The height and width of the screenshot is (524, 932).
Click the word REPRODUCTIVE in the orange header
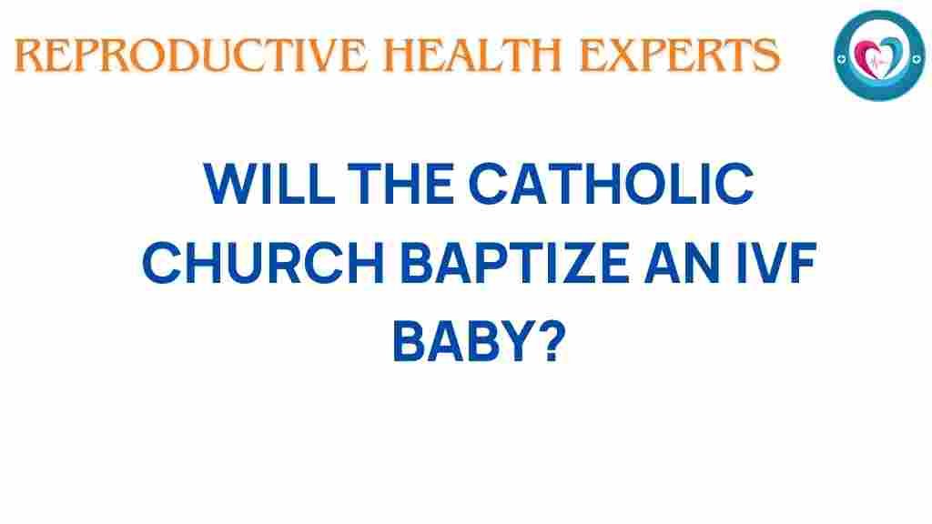[191, 55]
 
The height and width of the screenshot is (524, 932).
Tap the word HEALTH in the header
[473, 55]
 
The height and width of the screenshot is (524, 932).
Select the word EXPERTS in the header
[679, 55]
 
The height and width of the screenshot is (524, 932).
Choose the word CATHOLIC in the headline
[612, 184]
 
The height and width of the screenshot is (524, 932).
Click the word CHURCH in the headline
[263, 262]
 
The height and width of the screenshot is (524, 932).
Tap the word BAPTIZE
[515, 262]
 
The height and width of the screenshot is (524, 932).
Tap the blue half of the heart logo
[894, 55]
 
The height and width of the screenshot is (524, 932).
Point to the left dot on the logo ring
[841, 59]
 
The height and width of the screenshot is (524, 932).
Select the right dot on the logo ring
[917, 58]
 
